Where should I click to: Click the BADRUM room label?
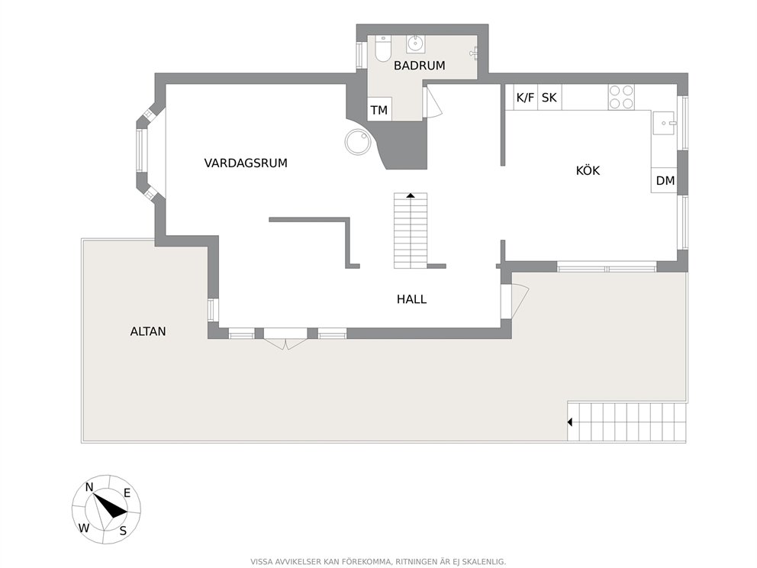coord(419,65)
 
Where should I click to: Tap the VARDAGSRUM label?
coord(246,163)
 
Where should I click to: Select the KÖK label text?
coord(588,170)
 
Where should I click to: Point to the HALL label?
coord(412,299)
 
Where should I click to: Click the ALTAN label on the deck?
coord(148,331)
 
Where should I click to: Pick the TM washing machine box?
coord(379,110)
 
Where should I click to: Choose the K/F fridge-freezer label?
coord(525,98)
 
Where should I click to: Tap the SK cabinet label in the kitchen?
coord(549,98)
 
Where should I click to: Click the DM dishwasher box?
coord(665,181)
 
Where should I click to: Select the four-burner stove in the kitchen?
coord(621,97)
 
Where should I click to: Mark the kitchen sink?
coord(665,123)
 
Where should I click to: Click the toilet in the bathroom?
coord(383,50)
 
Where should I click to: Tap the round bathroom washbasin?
coord(415,44)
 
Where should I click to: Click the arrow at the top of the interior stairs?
coord(411,195)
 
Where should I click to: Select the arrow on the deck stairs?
coord(570,422)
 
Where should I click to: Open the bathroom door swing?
coord(433,102)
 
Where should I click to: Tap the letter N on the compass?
coord(89,487)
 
